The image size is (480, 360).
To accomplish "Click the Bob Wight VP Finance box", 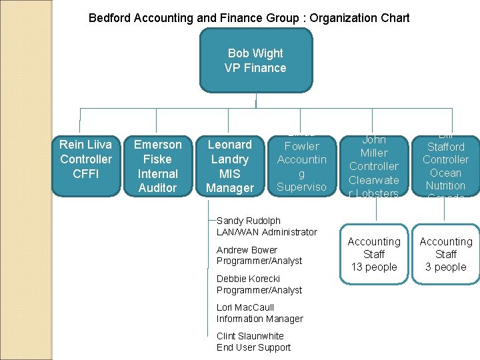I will tap(255, 61).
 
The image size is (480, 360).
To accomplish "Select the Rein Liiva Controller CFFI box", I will tap(86, 159).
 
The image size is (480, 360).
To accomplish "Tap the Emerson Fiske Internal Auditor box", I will tap(157, 166).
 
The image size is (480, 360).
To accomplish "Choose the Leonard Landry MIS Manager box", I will tap(230, 166).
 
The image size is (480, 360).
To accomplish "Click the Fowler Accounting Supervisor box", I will tap(301, 166).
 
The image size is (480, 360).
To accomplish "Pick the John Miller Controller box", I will tap(374, 166).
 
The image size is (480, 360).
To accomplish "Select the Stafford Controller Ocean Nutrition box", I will tap(445, 166).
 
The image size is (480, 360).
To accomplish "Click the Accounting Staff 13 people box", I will tap(374, 255).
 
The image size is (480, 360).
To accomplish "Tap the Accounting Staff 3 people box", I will tap(445, 255).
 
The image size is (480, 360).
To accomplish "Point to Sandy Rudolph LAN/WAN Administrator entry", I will tap(267, 226).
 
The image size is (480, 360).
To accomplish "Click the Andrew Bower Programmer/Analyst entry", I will tap(259, 255).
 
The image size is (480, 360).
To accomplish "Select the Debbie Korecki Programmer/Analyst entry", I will tap(259, 284).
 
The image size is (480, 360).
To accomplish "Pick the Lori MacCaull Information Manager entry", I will tap(259, 313).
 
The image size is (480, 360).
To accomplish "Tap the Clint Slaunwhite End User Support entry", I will tap(253, 342).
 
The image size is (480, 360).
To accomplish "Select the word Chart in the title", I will tap(395, 18).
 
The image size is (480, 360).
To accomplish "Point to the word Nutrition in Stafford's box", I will tap(445, 185).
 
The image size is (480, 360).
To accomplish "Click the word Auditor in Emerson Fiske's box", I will tap(157, 188).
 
